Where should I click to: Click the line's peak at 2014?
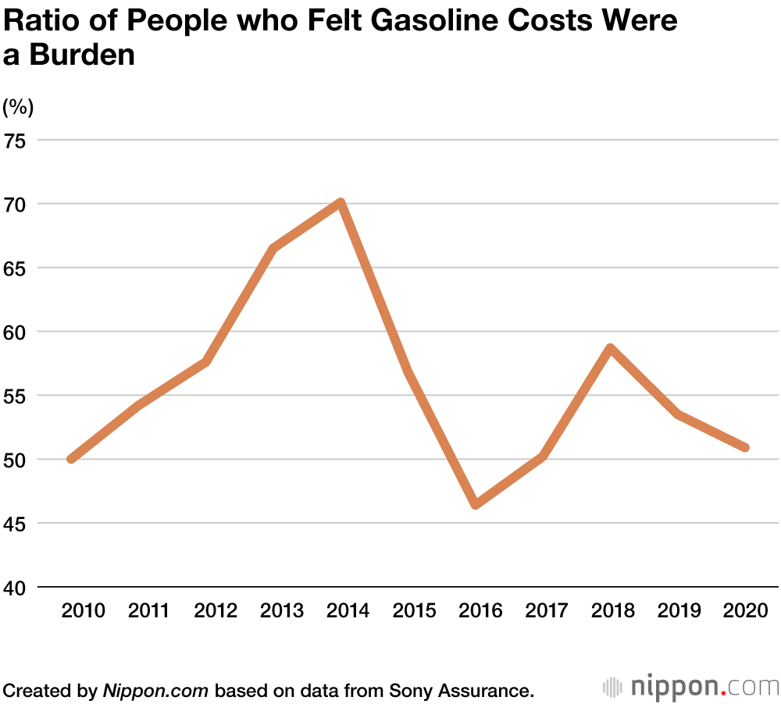coord(341,204)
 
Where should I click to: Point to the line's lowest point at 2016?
coord(475,505)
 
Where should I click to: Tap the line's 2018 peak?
coord(611,348)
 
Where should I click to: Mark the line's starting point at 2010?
coord(72,459)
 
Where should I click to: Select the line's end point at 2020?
coord(745,447)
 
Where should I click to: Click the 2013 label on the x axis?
coord(281,610)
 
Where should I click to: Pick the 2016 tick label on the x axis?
coord(480,610)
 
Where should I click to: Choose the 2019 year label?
coord(679,610)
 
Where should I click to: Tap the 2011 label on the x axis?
coord(148,610)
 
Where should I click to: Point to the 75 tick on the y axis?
coord(16,140)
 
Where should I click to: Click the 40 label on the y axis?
coord(16,587)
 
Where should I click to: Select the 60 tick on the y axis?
coord(16,332)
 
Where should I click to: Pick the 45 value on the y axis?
coord(16,523)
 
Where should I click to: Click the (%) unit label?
coord(19,107)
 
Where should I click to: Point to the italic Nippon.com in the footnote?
coord(156,690)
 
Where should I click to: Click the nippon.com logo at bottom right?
coord(691,687)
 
